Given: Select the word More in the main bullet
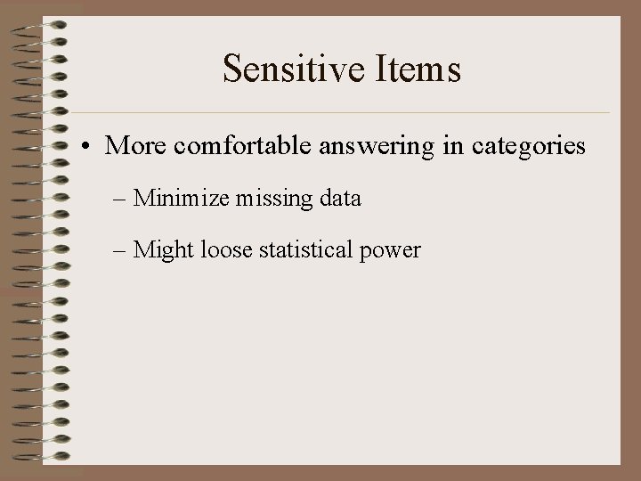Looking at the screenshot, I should click(134, 145).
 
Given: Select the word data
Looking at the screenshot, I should click(338, 198).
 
